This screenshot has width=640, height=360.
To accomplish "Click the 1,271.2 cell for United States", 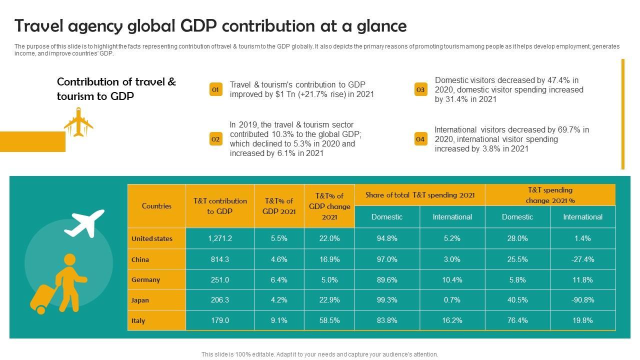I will point(220,238).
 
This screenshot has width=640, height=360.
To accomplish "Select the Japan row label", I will point(140,300).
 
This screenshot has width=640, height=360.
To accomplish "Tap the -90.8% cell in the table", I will point(582,300).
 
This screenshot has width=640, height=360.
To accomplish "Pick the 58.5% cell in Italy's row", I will point(329,320).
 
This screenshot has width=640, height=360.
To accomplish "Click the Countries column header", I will point(156,206).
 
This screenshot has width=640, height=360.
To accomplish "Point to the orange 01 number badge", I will point(215,89).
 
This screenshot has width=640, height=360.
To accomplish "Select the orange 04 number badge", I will point(420,139).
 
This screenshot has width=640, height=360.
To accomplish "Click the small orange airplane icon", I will point(78,121).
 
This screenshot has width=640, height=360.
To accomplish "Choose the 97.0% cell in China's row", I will point(387,259).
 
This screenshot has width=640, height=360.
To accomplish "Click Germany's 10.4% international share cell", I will point(452,280).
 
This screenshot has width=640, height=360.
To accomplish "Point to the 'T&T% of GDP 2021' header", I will point(279,206).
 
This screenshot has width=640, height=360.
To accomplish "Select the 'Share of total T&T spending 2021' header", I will point(420,195).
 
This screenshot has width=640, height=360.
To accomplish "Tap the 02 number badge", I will point(215,139).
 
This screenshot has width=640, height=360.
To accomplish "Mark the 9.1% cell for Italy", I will point(279,320).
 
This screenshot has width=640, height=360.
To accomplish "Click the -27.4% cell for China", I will point(582,259).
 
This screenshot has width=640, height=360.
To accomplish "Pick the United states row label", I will point(152,238).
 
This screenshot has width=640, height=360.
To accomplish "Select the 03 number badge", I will point(420,89).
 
